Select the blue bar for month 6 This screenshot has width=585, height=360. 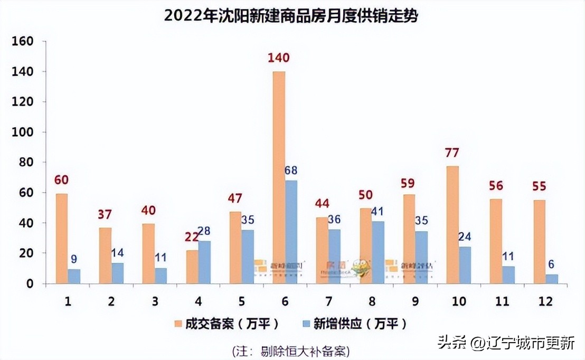click(x=291, y=232)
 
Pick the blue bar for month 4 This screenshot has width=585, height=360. click(x=204, y=262)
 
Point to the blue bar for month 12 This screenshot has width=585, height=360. click(x=551, y=279)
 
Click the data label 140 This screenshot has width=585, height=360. click(x=278, y=58)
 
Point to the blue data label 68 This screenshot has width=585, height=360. click(x=291, y=170)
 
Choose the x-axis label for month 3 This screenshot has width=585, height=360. click(x=155, y=301)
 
